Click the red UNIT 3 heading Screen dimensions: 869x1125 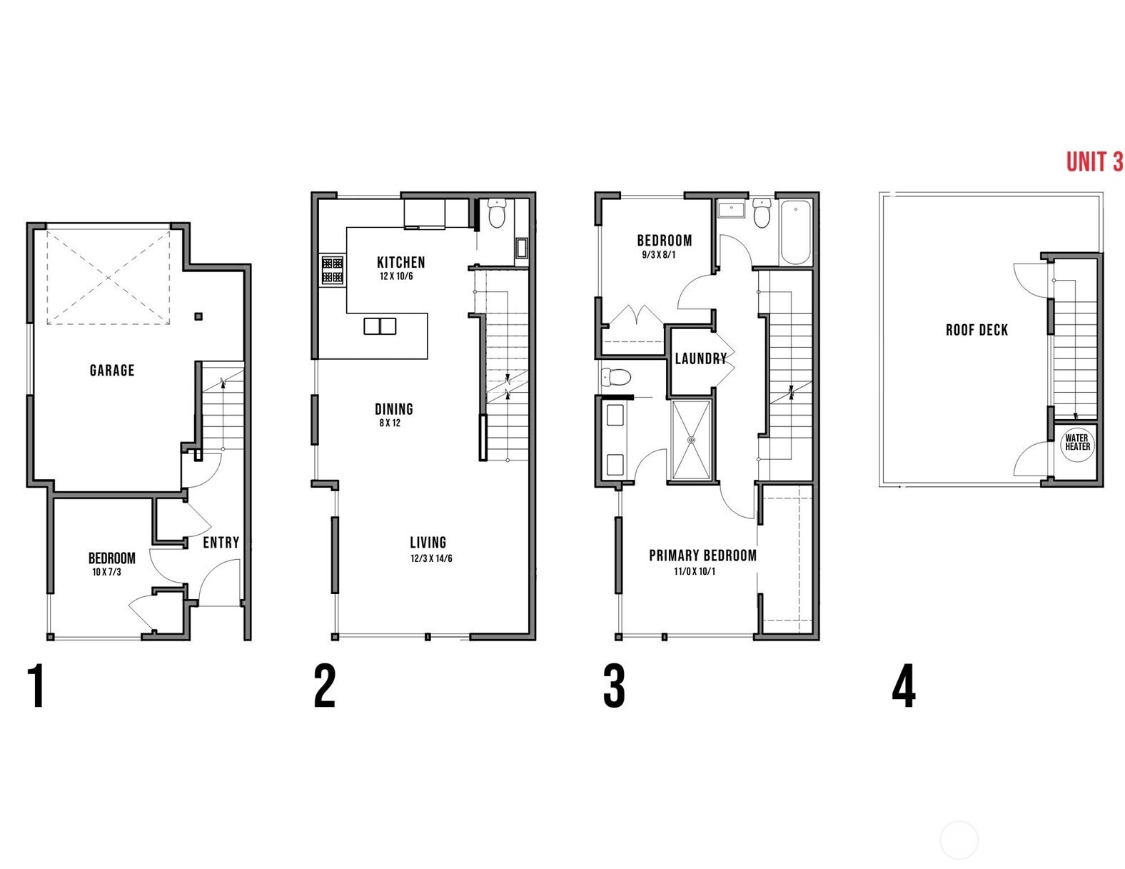(x=1094, y=162)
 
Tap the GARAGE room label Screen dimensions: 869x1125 (x=112, y=370)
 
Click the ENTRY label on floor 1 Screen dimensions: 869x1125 (x=221, y=543)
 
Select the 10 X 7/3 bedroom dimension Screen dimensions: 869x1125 (x=106, y=572)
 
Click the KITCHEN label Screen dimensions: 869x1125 (x=400, y=262)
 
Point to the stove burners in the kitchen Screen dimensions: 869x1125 (x=332, y=271)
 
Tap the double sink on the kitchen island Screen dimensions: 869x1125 (x=380, y=326)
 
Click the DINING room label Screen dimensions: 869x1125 (x=394, y=409)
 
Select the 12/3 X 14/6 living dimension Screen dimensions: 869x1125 (x=430, y=558)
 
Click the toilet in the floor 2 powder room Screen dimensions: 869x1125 (x=496, y=212)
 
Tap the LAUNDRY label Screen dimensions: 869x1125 (x=700, y=358)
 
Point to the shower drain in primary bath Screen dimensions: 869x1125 (x=691, y=441)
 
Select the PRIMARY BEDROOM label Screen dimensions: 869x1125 (x=702, y=556)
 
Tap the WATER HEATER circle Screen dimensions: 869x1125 (x=1077, y=442)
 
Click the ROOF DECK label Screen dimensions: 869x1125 (x=977, y=330)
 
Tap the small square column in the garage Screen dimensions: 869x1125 (x=198, y=316)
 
